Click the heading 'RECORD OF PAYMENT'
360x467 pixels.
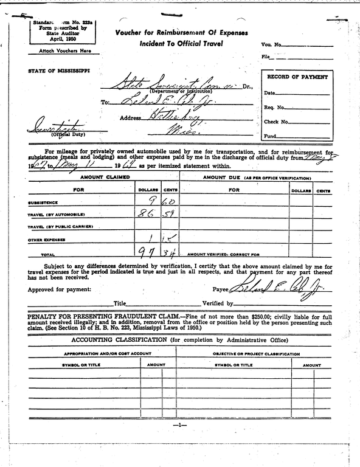297,77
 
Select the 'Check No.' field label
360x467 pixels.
275,122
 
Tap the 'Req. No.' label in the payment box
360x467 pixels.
274,108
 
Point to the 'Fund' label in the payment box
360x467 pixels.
270,136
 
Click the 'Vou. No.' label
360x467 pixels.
271,45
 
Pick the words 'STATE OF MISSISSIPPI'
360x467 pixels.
58,71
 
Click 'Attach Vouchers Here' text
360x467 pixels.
60,51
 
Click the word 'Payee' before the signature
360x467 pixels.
220,290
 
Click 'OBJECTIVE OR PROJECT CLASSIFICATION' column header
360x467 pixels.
256,353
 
